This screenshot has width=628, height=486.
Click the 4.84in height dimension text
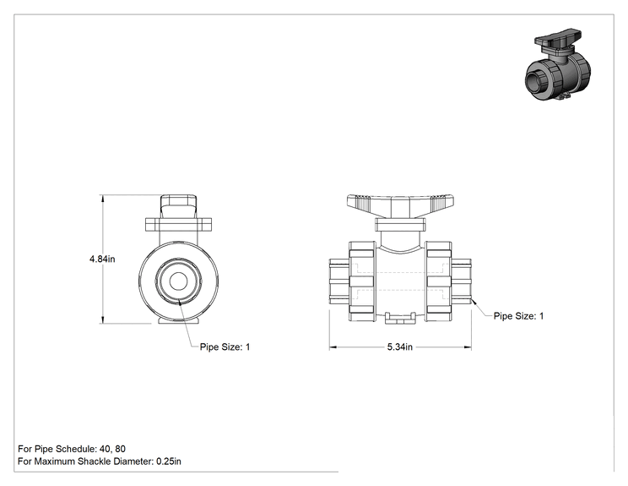tap(102, 259)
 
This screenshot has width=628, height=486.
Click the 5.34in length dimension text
tap(400, 347)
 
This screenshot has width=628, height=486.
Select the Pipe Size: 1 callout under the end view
tap(225, 347)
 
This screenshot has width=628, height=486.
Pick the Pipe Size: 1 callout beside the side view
tap(518, 316)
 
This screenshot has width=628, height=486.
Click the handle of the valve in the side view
tap(400, 206)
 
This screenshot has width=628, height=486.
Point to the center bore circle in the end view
tap(178, 281)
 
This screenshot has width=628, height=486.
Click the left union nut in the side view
tap(362, 281)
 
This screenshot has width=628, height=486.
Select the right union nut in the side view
tap(439, 281)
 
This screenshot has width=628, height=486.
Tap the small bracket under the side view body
tap(400, 318)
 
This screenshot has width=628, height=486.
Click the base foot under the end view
tap(179, 320)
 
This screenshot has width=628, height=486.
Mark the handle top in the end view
tap(179, 206)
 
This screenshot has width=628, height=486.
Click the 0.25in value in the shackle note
tap(169, 461)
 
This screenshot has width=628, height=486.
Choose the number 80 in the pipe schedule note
tap(120, 449)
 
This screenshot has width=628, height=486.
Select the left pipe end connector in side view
tap(339, 281)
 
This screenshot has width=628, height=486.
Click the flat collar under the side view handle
tap(400, 225)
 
